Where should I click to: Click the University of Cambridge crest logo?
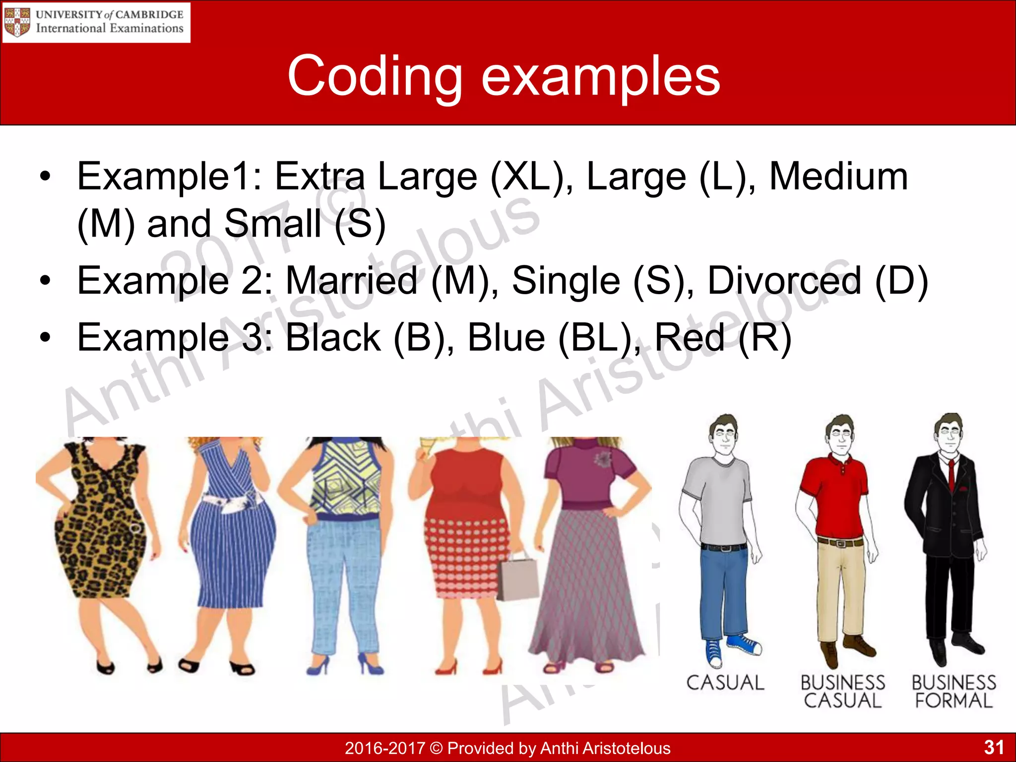(x=17, y=22)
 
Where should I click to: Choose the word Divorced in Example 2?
(x=784, y=281)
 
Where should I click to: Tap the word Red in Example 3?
(x=690, y=338)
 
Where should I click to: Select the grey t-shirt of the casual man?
(x=719, y=501)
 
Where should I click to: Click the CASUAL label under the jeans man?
(x=725, y=683)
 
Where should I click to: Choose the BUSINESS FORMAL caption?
(x=953, y=692)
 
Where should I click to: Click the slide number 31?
(x=994, y=747)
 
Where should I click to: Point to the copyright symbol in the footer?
(x=436, y=748)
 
